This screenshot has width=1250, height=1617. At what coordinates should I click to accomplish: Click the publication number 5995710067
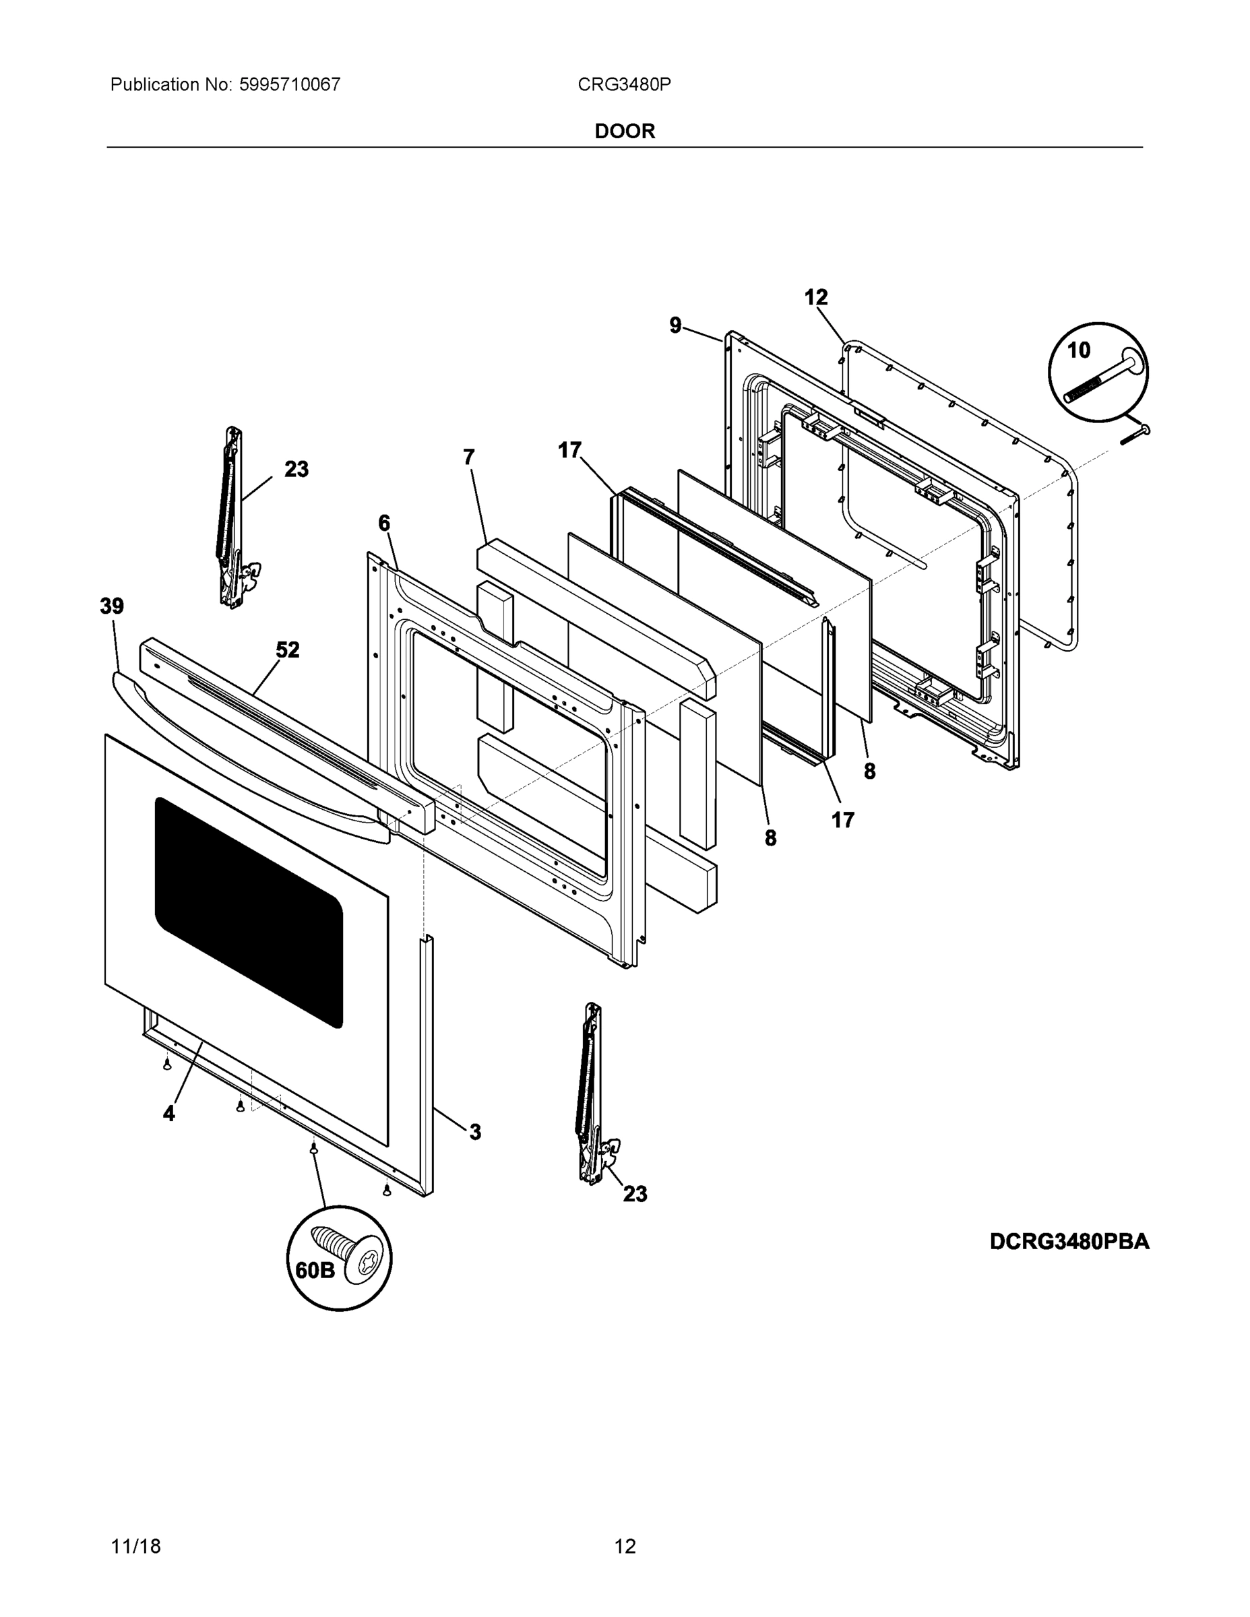coord(290,84)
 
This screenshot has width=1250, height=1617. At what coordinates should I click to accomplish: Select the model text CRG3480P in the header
coord(623,84)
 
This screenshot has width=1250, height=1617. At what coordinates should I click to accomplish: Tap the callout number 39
coord(112,606)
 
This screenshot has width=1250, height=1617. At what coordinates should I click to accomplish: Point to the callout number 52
coord(287,650)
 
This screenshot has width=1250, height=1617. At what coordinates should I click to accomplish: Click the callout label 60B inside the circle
coord(315,1271)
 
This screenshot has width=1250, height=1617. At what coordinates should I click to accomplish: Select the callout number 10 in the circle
coord(1078,350)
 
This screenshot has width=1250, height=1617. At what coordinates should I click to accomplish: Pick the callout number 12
coord(816,298)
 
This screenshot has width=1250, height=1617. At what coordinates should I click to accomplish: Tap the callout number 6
coord(383,524)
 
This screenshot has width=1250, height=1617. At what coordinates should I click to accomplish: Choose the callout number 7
coord(468,457)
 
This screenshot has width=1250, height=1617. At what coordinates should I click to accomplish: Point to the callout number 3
coord(474,1132)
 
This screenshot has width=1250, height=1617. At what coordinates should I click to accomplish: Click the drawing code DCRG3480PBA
coord(1069,1242)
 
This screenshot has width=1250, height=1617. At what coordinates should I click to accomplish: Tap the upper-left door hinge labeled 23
coord(232,518)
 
